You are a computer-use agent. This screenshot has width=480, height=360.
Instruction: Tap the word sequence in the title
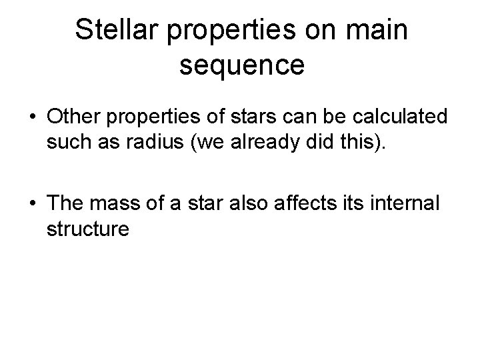pos(243,65)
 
